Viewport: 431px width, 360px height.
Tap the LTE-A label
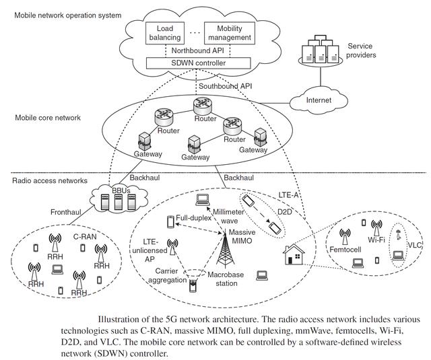click(290, 194)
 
